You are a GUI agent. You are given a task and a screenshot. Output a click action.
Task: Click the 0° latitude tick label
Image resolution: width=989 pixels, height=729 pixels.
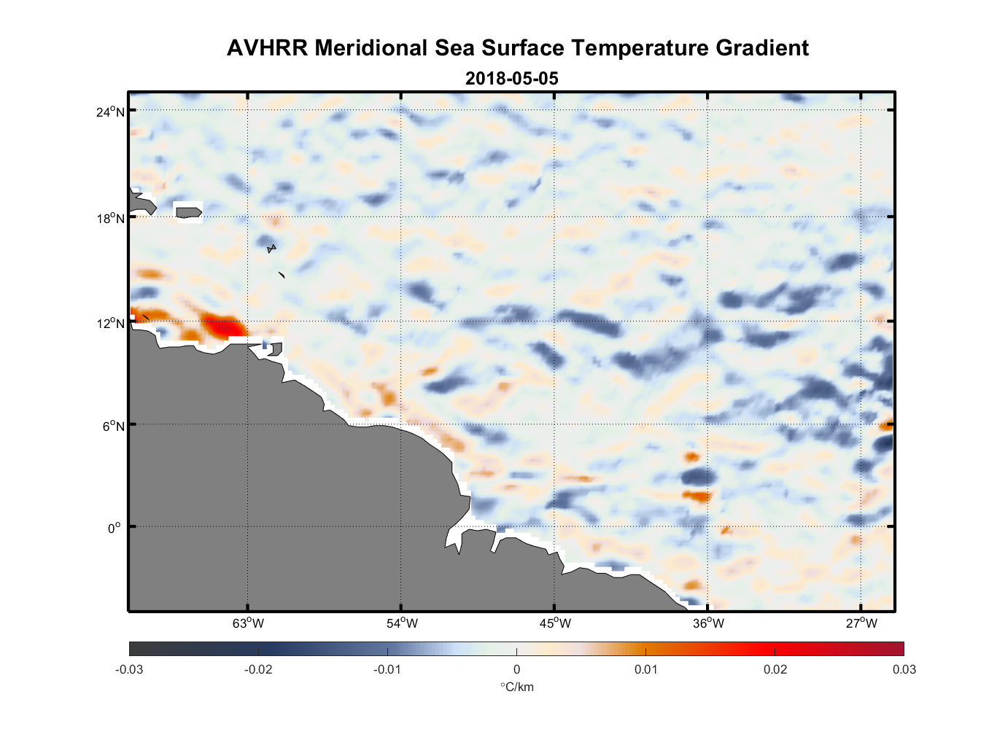tap(114, 528)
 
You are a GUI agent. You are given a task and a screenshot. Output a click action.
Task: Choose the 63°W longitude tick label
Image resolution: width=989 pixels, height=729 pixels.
tap(249, 623)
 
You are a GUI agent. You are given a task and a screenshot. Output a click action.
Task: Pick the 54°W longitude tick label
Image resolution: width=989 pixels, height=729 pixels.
tap(402, 623)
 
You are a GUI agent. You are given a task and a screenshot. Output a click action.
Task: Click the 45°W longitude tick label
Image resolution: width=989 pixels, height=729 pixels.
tap(555, 623)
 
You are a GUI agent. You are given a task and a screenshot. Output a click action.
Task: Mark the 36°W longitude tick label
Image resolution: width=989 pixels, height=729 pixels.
tap(708, 623)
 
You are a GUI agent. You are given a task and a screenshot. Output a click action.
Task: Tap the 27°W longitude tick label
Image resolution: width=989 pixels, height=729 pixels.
tap(861, 623)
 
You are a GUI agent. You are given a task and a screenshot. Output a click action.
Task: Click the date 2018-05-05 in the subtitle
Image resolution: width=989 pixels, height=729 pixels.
tap(512, 79)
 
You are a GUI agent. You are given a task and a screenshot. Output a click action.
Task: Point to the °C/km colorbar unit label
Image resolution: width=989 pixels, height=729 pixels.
tap(516, 687)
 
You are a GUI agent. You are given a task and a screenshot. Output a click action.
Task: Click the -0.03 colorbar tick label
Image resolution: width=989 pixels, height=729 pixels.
tap(129, 669)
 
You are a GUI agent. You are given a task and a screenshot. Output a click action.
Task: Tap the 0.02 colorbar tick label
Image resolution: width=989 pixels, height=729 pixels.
tap(775, 669)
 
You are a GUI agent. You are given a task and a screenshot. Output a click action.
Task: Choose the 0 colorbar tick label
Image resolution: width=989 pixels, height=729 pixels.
tap(516, 669)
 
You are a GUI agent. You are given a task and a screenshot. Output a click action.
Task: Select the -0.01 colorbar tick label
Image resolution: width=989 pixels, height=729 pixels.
tap(387, 669)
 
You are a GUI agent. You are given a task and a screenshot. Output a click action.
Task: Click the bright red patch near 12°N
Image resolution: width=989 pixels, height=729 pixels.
tap(222, 325)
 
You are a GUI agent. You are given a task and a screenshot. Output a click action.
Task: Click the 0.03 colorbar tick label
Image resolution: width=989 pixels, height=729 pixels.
tap(904, 669)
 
